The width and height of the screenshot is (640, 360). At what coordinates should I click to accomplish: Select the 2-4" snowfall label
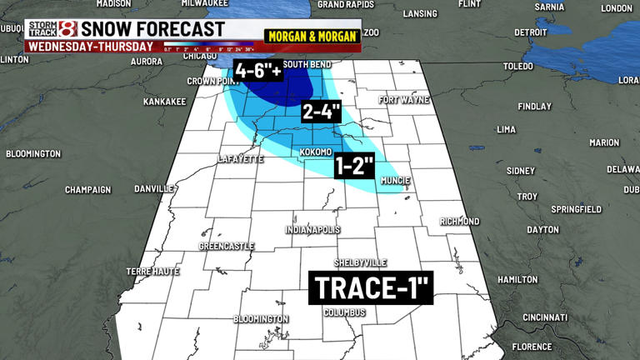tap(322, 112)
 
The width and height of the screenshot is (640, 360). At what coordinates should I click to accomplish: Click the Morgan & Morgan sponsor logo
tap(312, 36)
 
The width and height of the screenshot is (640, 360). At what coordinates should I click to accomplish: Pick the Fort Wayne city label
tap(403, 100)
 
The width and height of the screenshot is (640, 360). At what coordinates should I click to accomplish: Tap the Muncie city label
tap(394, 179)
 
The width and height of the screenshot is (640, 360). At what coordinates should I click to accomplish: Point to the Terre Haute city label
tap(147, 272)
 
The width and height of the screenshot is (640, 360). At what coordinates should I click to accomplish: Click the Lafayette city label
tap(240, 158)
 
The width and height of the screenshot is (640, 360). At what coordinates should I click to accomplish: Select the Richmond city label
tap(460, 222)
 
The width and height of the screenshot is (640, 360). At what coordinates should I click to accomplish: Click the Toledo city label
tap(517, 65)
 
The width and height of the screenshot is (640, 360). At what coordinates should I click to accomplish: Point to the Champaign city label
tap(87, 190)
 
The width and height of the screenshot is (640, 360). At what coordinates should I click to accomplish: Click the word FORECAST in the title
tap(176, 30)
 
